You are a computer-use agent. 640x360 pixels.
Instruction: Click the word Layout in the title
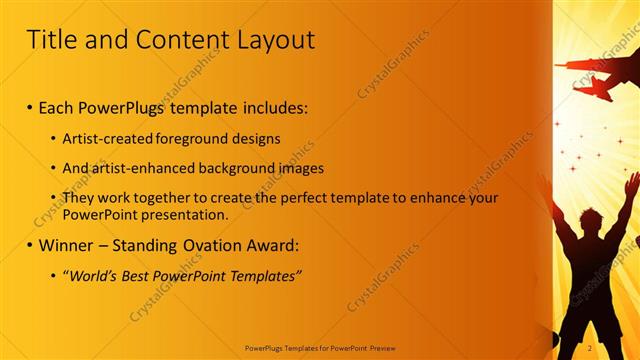pyautogui.click(x=270, y=40)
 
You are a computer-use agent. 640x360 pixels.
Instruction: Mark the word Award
pyautogui.click(x=270, y=244)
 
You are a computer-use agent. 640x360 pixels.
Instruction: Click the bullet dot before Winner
pyautogui.click(x=31, y=245)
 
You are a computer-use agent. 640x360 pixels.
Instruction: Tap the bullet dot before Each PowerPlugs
pyautogui.click(x=31, y=106)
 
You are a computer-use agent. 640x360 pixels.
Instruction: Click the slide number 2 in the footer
pyautogui.click(x=590, y=348)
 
